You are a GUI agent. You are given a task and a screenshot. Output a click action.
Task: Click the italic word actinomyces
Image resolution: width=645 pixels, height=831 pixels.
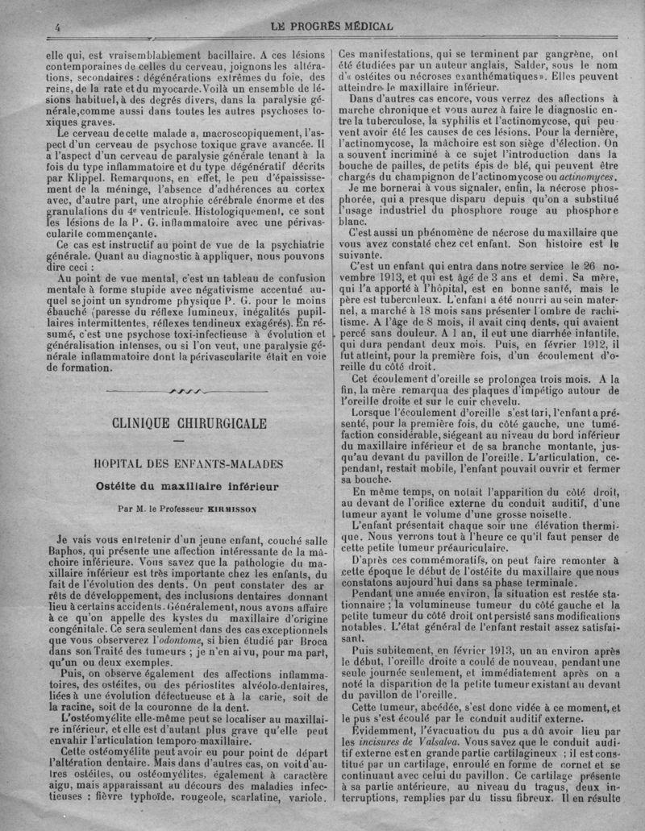click(x=590, y=175)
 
